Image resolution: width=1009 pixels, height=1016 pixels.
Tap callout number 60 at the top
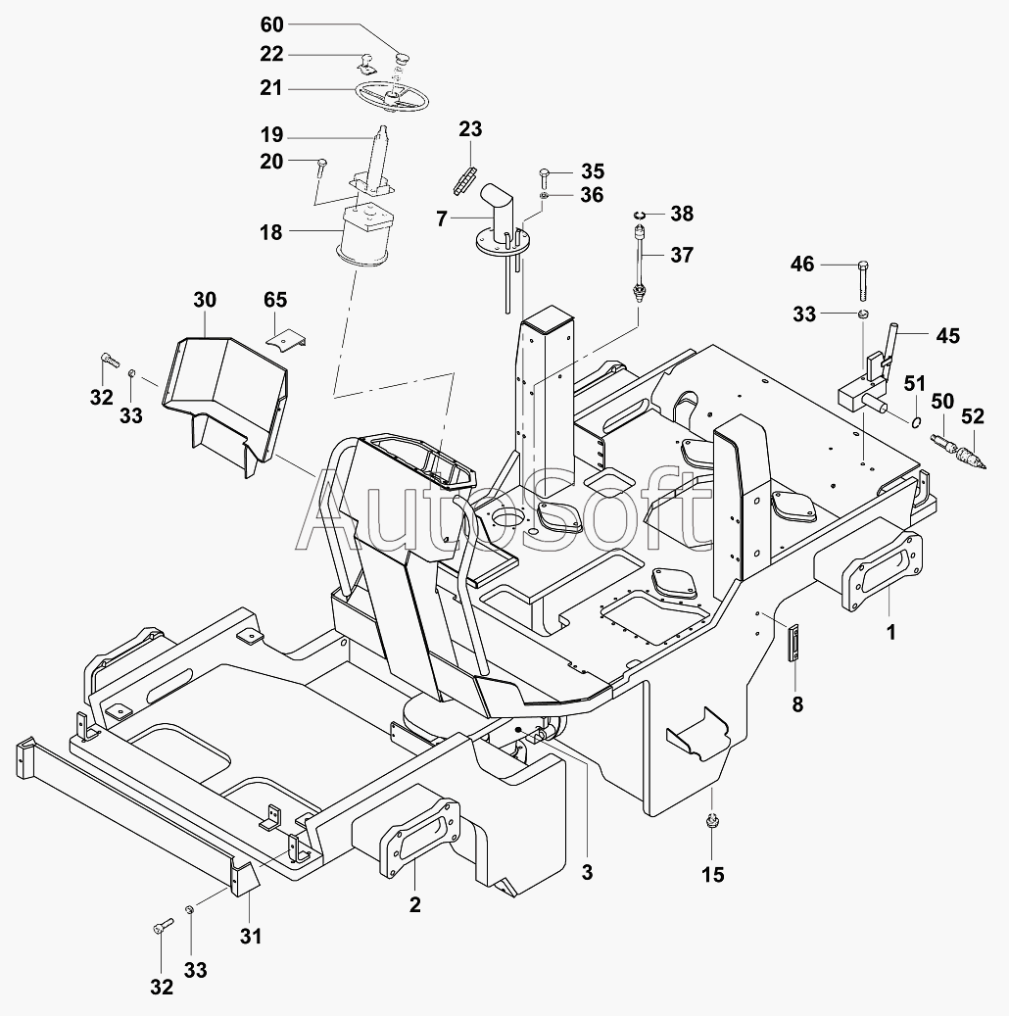(x=271, y=24)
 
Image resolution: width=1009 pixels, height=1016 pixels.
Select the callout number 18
(x=271, y=233)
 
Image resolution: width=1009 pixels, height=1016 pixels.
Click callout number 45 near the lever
(x=947, y=336)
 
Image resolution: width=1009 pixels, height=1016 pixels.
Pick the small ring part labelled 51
(x=915, y=422)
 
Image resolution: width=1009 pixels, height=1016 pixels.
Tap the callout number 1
(x=890, y=633)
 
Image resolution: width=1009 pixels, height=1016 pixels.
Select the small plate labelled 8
(x=795, y=643)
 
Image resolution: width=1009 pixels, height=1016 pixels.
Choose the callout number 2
(x=415, y=904)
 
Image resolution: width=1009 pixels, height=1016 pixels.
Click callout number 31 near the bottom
(x=251, y=936)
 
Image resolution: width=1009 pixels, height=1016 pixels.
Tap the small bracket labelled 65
(x=286, y=338)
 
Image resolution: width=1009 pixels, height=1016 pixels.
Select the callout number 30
(x=205, y=300)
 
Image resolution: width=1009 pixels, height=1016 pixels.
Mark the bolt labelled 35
(x=544, y=176)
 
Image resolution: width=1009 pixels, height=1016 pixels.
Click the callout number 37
(x=681, y=255)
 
